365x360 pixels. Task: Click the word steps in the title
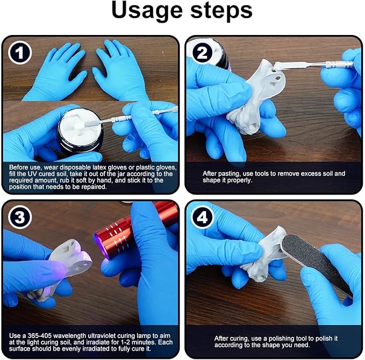pyautogui.click(x=221, y=10)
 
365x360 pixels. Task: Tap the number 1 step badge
pyautogui.click(x=19, y=53)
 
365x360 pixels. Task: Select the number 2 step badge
pyautogui.click(x=202, y=53)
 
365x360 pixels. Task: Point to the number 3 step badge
pyautogui.click(x=19, y=217)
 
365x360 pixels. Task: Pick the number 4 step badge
pyautogui.click(x=202, y=217)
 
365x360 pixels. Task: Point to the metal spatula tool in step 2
pyautogui.click(x=314, y=65)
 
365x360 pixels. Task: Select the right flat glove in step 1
pyautogui.click(x=121, y=70)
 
